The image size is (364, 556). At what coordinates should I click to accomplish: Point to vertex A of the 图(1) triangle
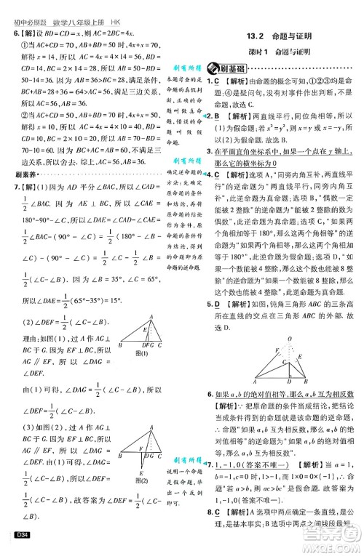(x=150, y=297)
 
